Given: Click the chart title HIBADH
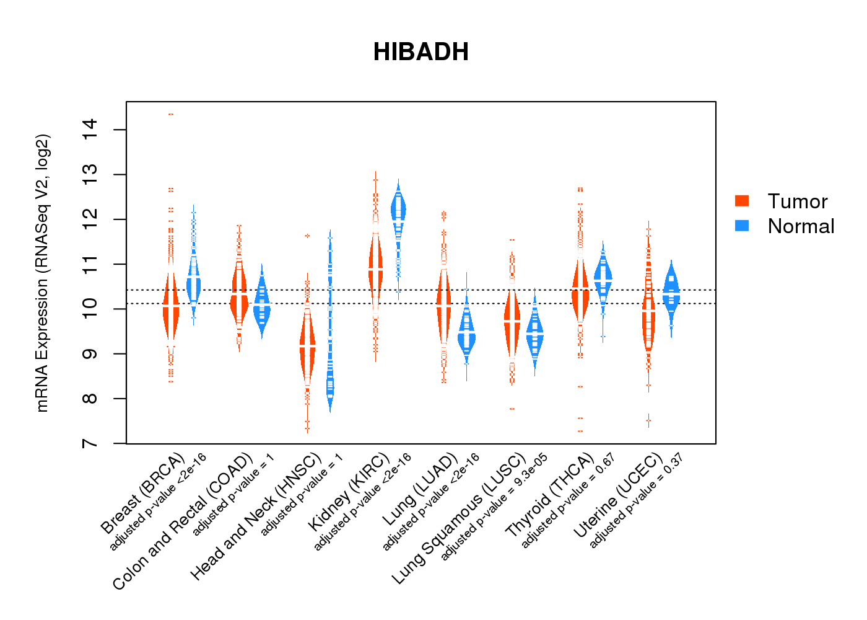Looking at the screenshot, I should pos(420,52).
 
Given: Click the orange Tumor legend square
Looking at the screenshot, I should pos(742,201).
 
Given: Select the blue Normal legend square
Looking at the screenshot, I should pos(742,226).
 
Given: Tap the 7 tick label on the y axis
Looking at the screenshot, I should pos(89,443).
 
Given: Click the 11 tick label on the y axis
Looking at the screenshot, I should pos(89,264).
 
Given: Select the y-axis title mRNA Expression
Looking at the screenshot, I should pos(42,273).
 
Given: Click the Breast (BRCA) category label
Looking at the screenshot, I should pos(143,494).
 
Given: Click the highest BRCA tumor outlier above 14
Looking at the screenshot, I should pos(171,114).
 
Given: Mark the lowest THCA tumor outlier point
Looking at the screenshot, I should pos(580,431).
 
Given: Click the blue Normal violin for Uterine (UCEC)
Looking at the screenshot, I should pos(671,291).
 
